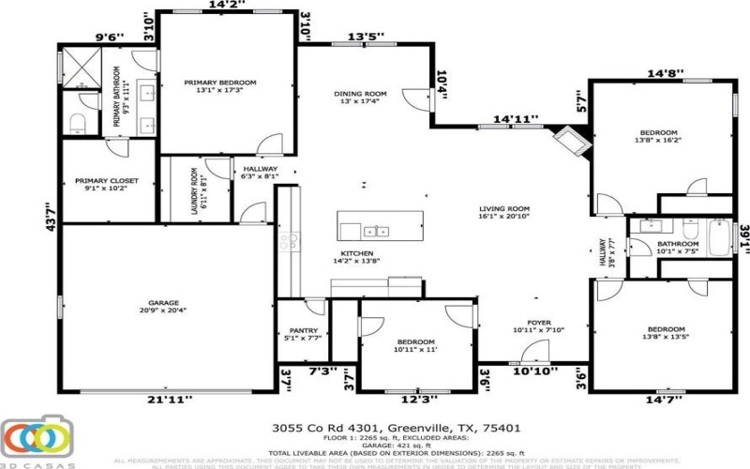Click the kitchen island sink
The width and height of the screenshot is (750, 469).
click(x=376, y=231)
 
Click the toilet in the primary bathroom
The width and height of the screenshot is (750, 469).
click(x=79, y=123)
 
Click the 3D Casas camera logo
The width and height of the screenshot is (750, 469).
click(x=37, y=437)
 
